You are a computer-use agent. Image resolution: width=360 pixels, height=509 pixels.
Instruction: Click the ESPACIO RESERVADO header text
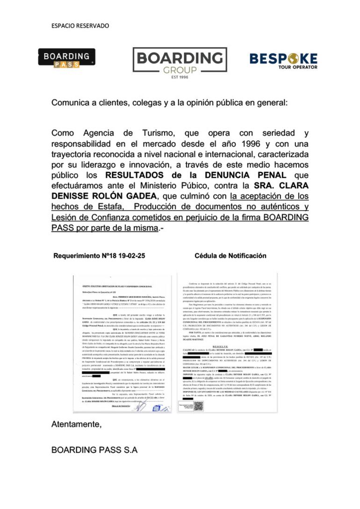(x=80, y=26)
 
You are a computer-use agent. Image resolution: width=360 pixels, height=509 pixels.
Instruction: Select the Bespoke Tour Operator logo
(x=283, y=60)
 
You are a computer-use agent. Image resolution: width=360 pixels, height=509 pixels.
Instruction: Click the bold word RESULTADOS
(x=136, y=175)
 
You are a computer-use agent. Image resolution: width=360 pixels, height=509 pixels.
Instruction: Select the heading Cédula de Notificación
(x=230, y=256)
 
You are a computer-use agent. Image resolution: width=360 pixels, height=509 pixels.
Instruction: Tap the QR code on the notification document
(x=198, y=406)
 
